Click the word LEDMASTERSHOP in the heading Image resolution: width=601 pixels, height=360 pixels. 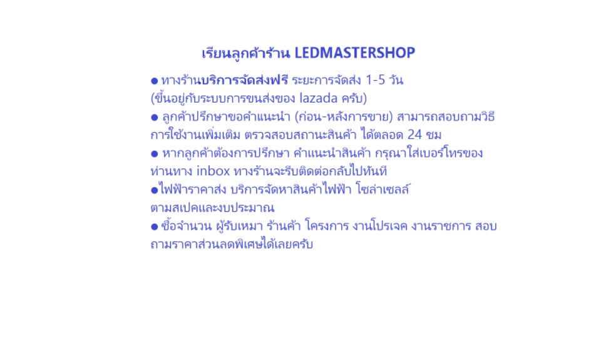click(354, 53)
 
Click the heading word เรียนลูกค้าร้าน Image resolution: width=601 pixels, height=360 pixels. click(245, 54)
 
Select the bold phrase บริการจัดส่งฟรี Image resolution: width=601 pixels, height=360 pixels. click(244, 80)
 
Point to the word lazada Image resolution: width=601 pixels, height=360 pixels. click(319, 98)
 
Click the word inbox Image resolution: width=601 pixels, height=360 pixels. click(213, 170)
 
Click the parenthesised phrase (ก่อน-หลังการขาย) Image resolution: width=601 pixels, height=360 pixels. click(344, 116)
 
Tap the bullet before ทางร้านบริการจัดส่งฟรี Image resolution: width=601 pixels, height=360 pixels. click(155, 81)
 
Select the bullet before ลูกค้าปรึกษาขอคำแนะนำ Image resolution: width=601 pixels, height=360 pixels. click(155, 117)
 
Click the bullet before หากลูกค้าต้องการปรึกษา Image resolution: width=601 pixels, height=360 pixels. click(155, 154)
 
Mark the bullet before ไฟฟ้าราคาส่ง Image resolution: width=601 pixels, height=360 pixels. click(155, 190)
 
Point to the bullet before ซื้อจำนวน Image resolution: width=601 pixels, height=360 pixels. click(155, 227)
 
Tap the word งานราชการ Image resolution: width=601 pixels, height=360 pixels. click(441, 226)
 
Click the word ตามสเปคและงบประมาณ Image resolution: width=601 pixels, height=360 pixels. click(212, 207)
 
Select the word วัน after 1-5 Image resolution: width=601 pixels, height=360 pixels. click(396, 80)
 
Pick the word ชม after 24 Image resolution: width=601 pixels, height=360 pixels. click(433, 135)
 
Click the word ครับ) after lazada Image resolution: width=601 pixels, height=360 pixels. click(354, 98)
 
